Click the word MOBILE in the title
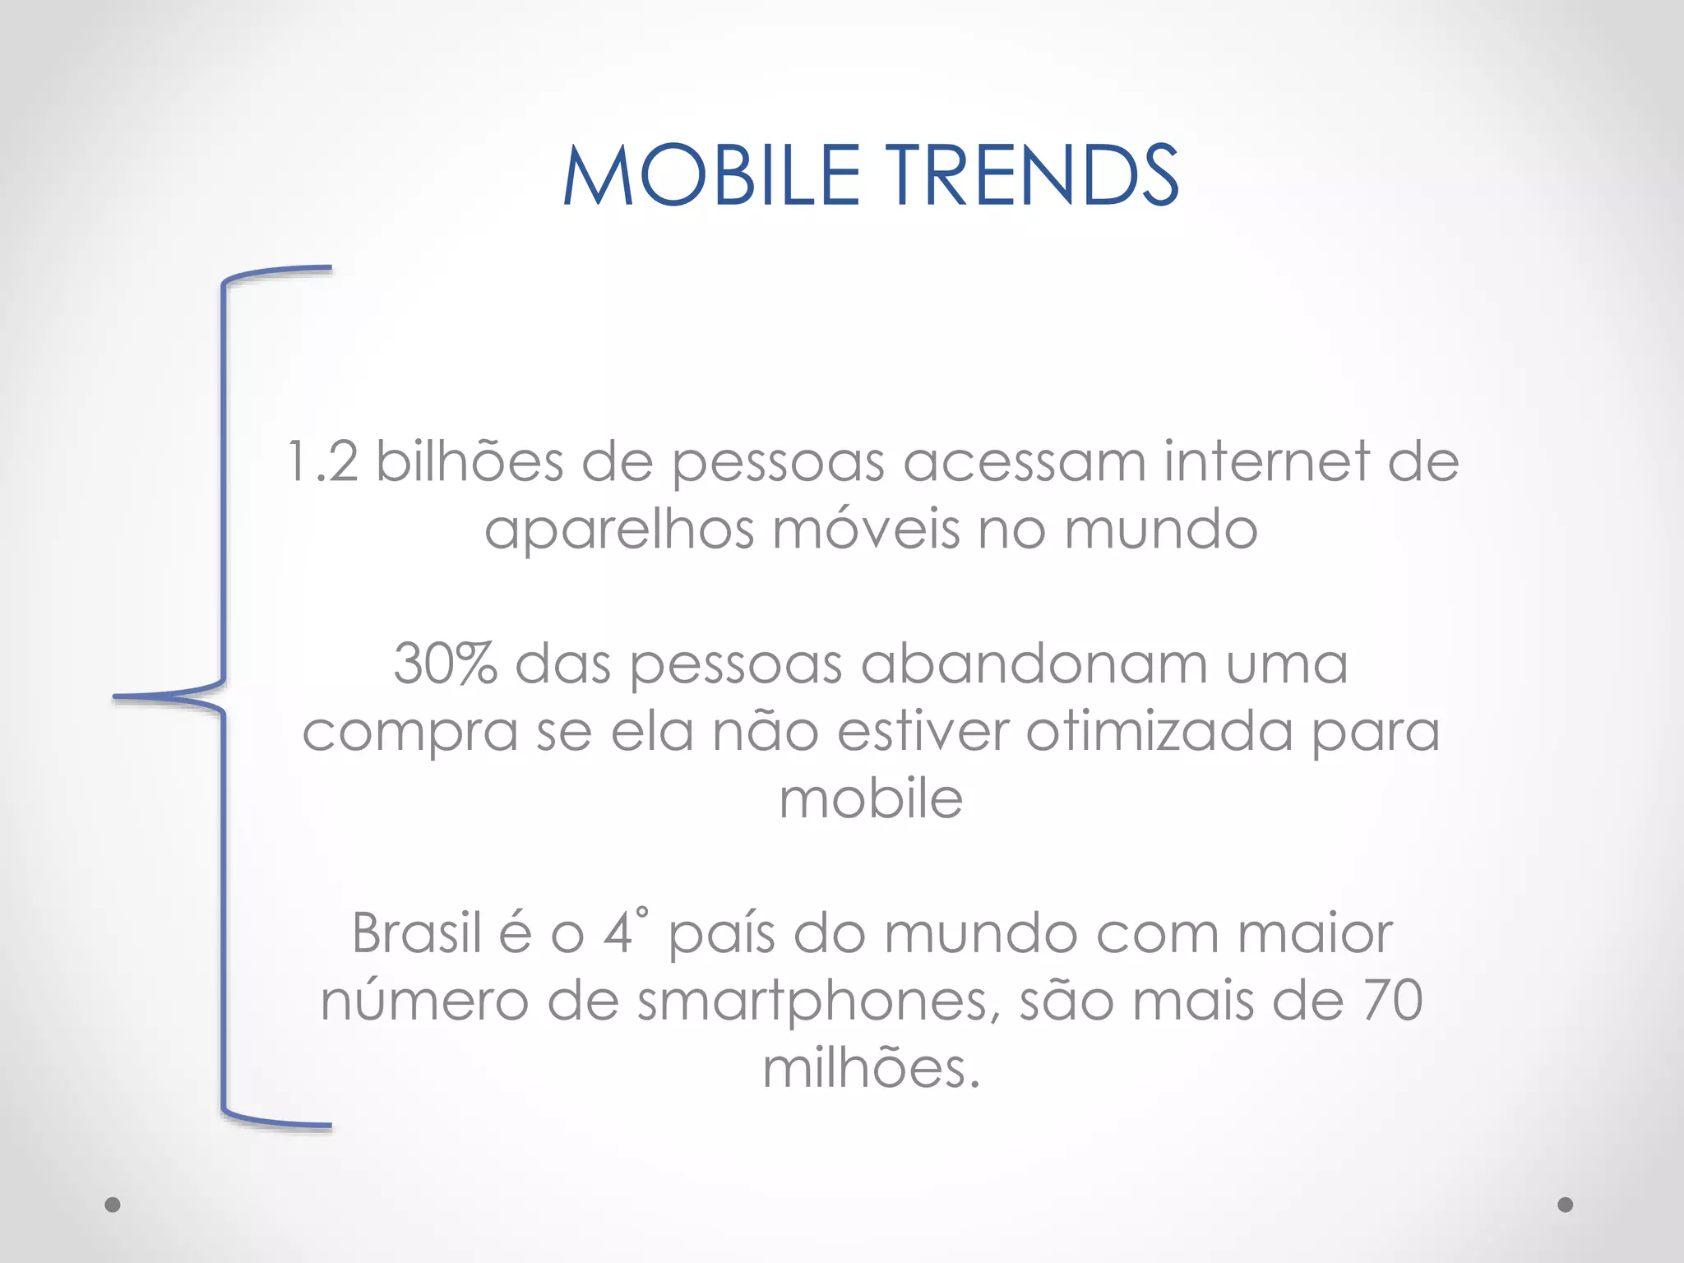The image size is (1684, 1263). click(x=712, y=175)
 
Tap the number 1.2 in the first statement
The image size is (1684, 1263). click(x=322, y=461)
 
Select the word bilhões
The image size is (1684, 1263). click(x=470, y=461)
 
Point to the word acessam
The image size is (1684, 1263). click(x=1024, y=461)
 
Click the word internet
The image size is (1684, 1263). click(x=1266, y=461)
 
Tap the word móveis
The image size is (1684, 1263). click(x=866, y=529)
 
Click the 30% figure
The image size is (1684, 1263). click(x=445, y=664)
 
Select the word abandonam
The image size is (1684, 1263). click(x=1034, y=664)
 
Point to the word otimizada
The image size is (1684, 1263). click(x=1159, y=731)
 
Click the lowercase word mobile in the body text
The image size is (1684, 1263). click(x=871, y=798)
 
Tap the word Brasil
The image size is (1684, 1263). click(x=416, y=933)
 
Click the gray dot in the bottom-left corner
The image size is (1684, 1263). click(x=113, y=1205)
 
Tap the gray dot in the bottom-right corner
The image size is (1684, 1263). click(x=1566, y=1205)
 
